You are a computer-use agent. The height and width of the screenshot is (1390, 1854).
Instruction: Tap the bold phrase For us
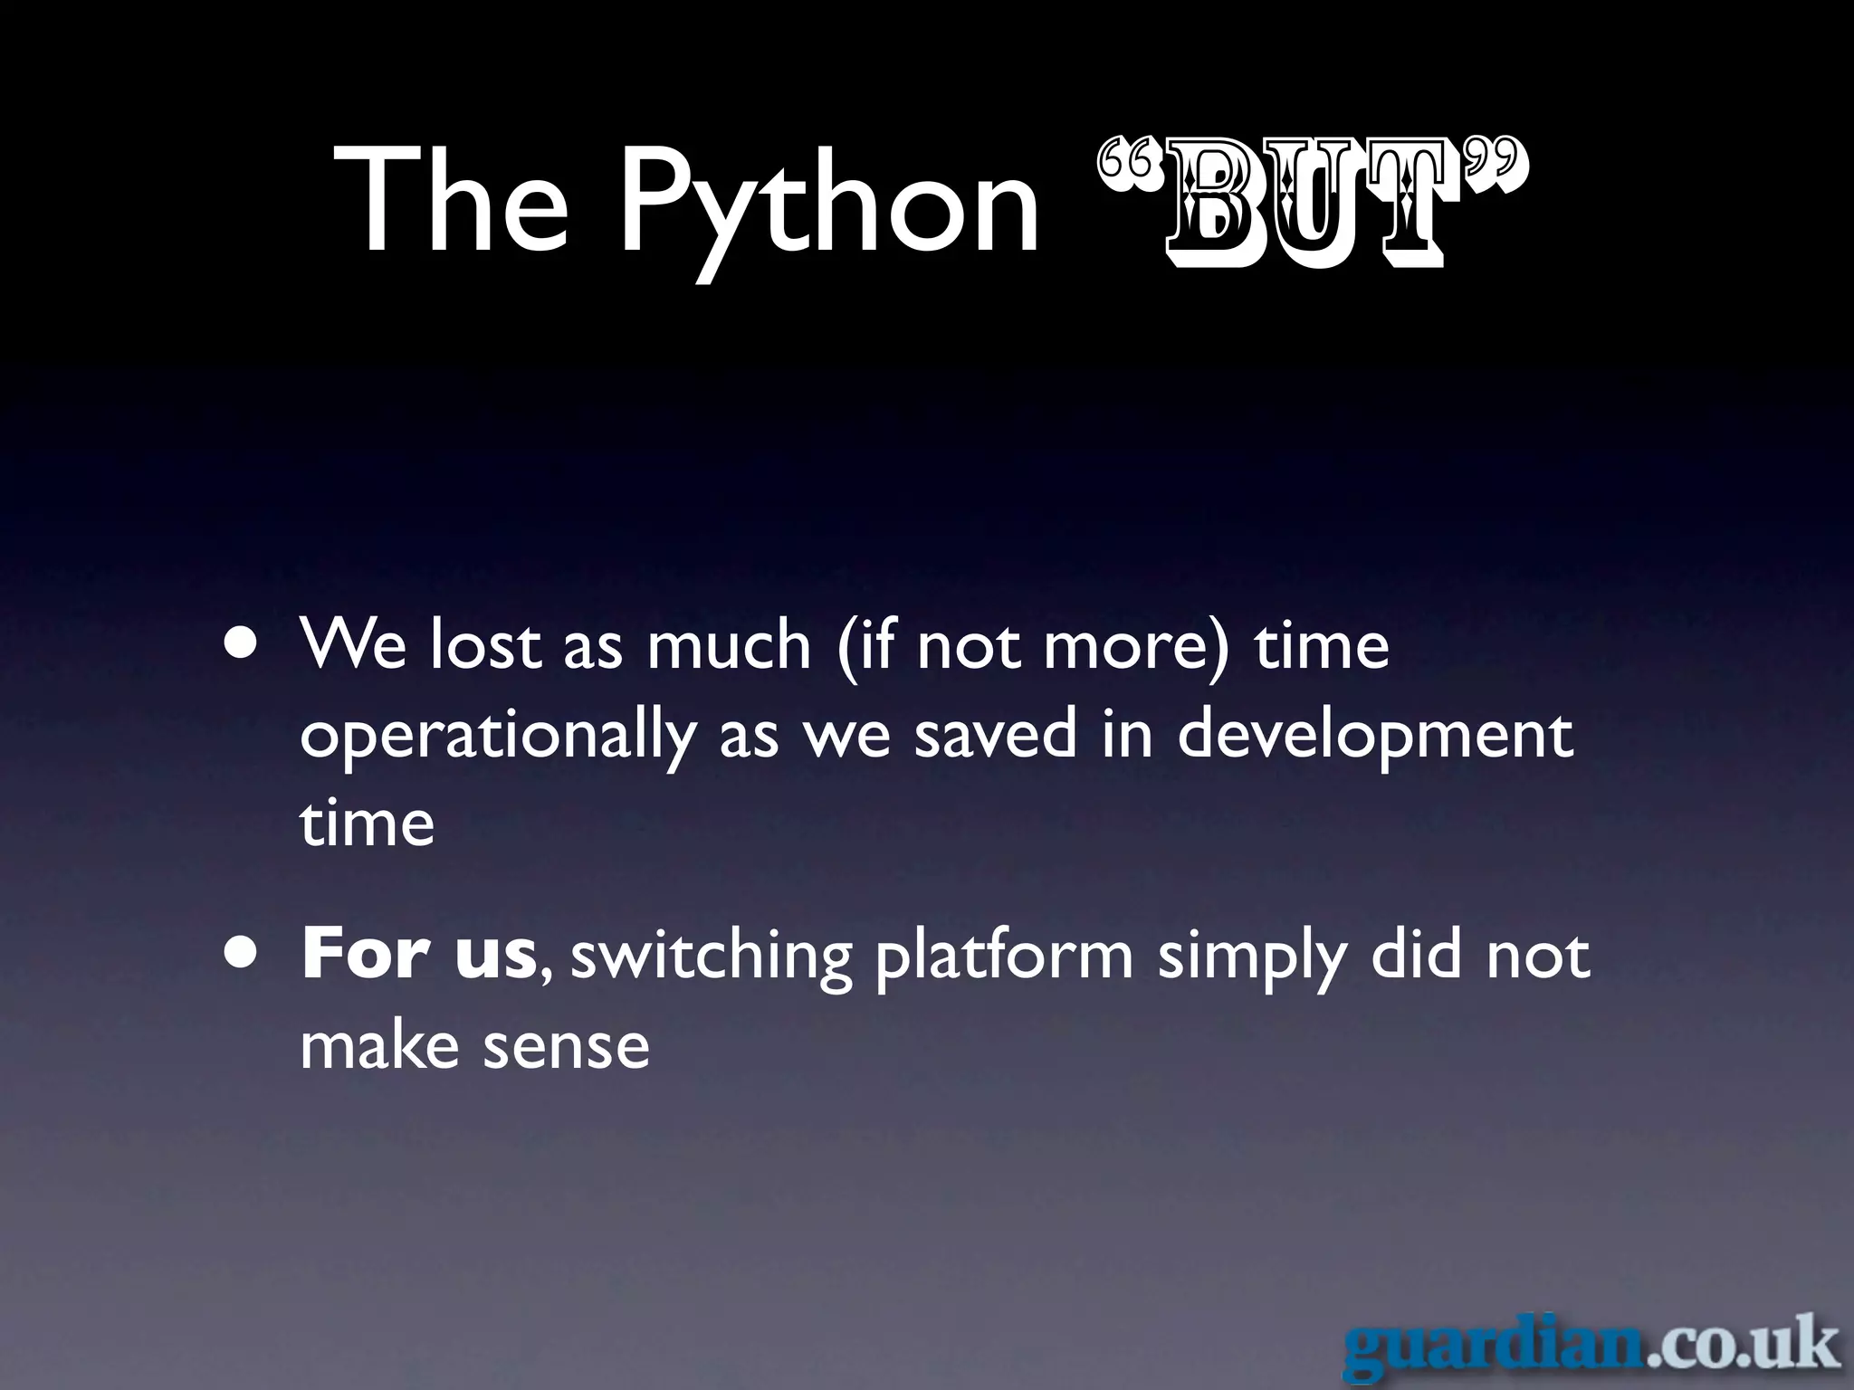(419, 955)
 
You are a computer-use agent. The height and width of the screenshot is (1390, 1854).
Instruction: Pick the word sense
(566, 1047)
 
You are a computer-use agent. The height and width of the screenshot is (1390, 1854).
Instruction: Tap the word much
(729, 644)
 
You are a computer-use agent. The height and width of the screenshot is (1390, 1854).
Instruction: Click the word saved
(996, 735)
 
